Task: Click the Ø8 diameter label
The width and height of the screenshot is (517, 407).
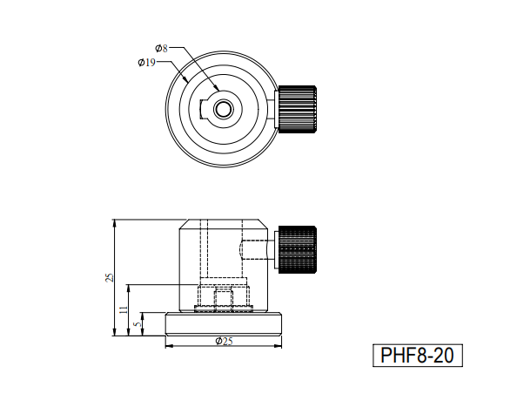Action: (162, 49)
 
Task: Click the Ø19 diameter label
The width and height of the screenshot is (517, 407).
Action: (147, 62)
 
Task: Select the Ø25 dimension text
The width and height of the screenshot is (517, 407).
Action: (225, 341)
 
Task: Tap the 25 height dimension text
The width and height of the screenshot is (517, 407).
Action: (109, 277)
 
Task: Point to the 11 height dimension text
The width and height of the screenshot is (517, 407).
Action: (124, 309)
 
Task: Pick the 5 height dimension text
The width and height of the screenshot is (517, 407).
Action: (138, 324)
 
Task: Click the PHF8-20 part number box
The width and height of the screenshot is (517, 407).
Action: (418, 356)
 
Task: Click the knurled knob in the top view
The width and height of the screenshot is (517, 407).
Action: (298, 109)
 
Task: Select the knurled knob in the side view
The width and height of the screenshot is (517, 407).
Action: (298, 249)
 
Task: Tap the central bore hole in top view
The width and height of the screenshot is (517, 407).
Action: (223, 109)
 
